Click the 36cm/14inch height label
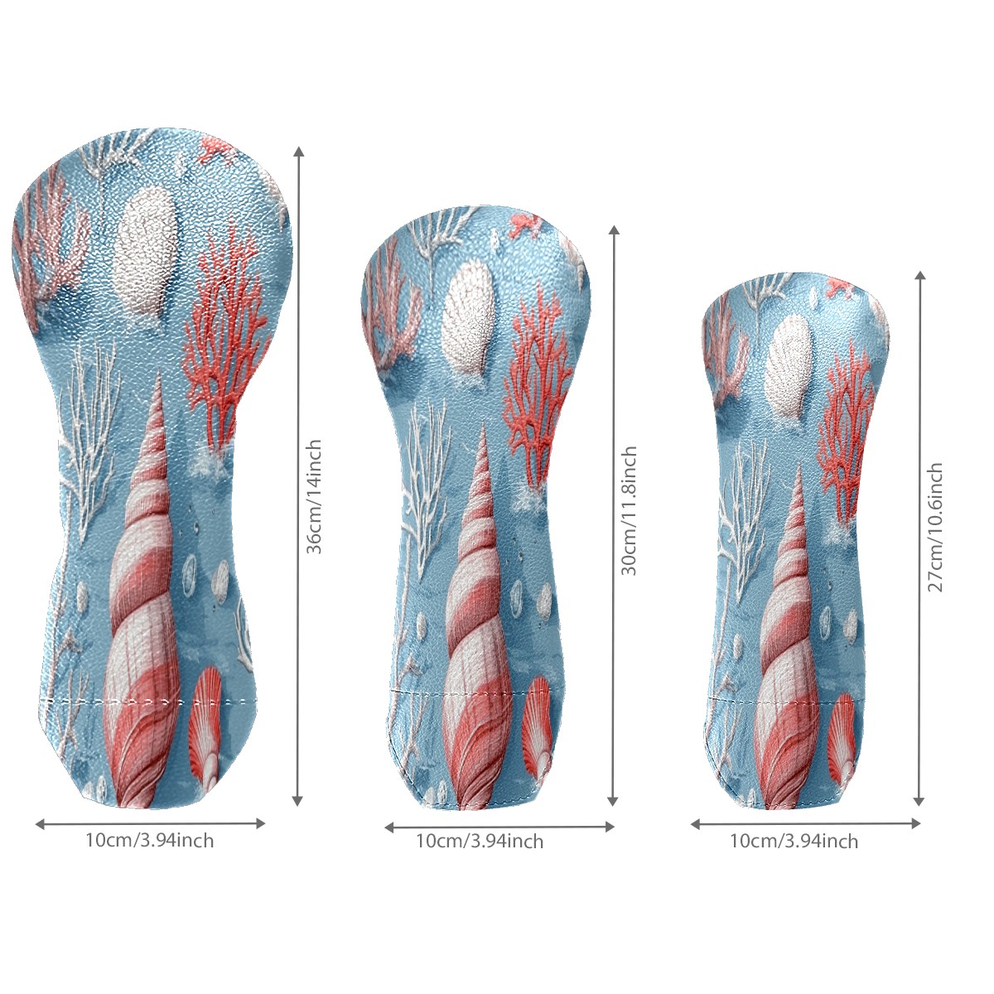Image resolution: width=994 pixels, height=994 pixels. pos(314,496)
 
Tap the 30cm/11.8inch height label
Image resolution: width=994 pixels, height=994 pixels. pos(629,511)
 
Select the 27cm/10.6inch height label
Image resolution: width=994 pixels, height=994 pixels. pos(935,527)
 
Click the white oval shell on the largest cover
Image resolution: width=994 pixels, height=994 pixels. pos(146,250)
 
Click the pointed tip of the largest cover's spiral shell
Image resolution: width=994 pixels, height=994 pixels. pos(161,378)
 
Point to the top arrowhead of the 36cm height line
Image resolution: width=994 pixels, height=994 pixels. pos(298,152)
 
